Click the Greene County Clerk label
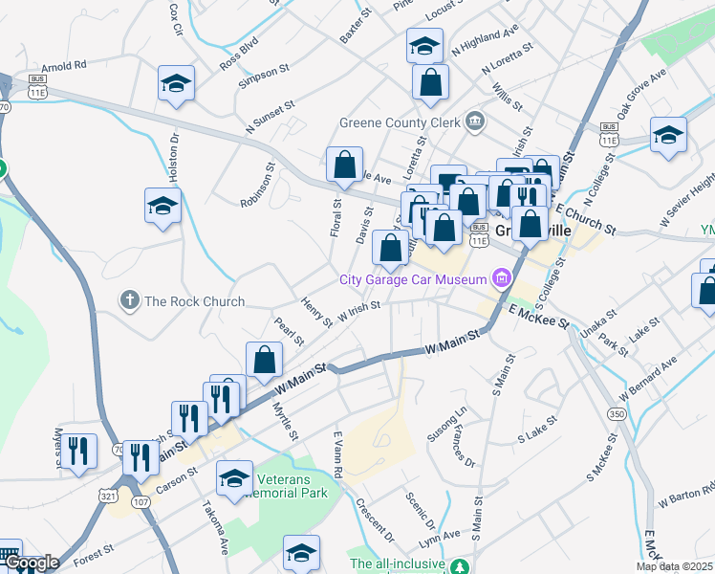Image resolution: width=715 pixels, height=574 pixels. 400,122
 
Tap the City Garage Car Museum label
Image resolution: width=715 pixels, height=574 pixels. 414,279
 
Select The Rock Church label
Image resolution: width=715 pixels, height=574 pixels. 194,301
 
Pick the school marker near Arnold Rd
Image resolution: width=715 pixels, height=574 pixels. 177,84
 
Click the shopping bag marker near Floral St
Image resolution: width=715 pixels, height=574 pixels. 344,166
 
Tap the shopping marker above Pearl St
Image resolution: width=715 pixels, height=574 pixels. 265,360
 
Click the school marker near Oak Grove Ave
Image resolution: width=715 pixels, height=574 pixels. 668,136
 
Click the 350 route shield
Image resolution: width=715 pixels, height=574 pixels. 617,413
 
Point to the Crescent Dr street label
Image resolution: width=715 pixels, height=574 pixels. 374,518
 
